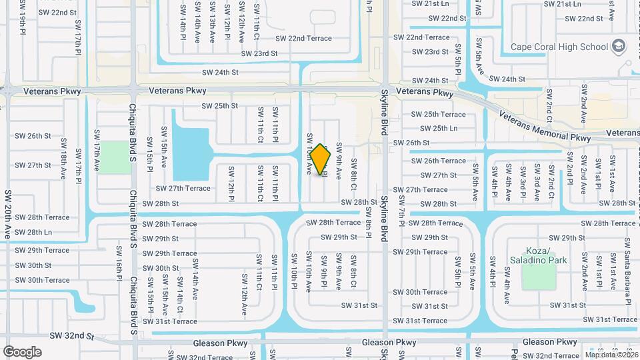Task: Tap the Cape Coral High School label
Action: [559, 47]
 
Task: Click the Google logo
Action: [22, 351]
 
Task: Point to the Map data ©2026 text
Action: [610, 354]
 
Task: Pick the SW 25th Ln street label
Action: [434, 128]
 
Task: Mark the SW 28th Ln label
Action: [33, 232]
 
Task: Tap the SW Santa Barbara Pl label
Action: [627, 264]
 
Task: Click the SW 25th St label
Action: [219, 106]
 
